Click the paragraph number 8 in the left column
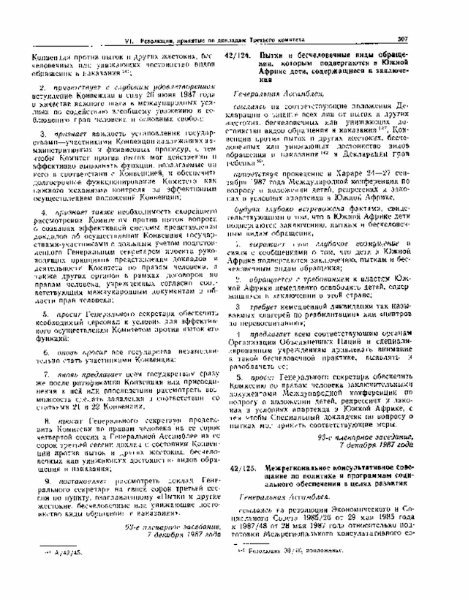pos(48,422)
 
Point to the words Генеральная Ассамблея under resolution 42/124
pos(277,95)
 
